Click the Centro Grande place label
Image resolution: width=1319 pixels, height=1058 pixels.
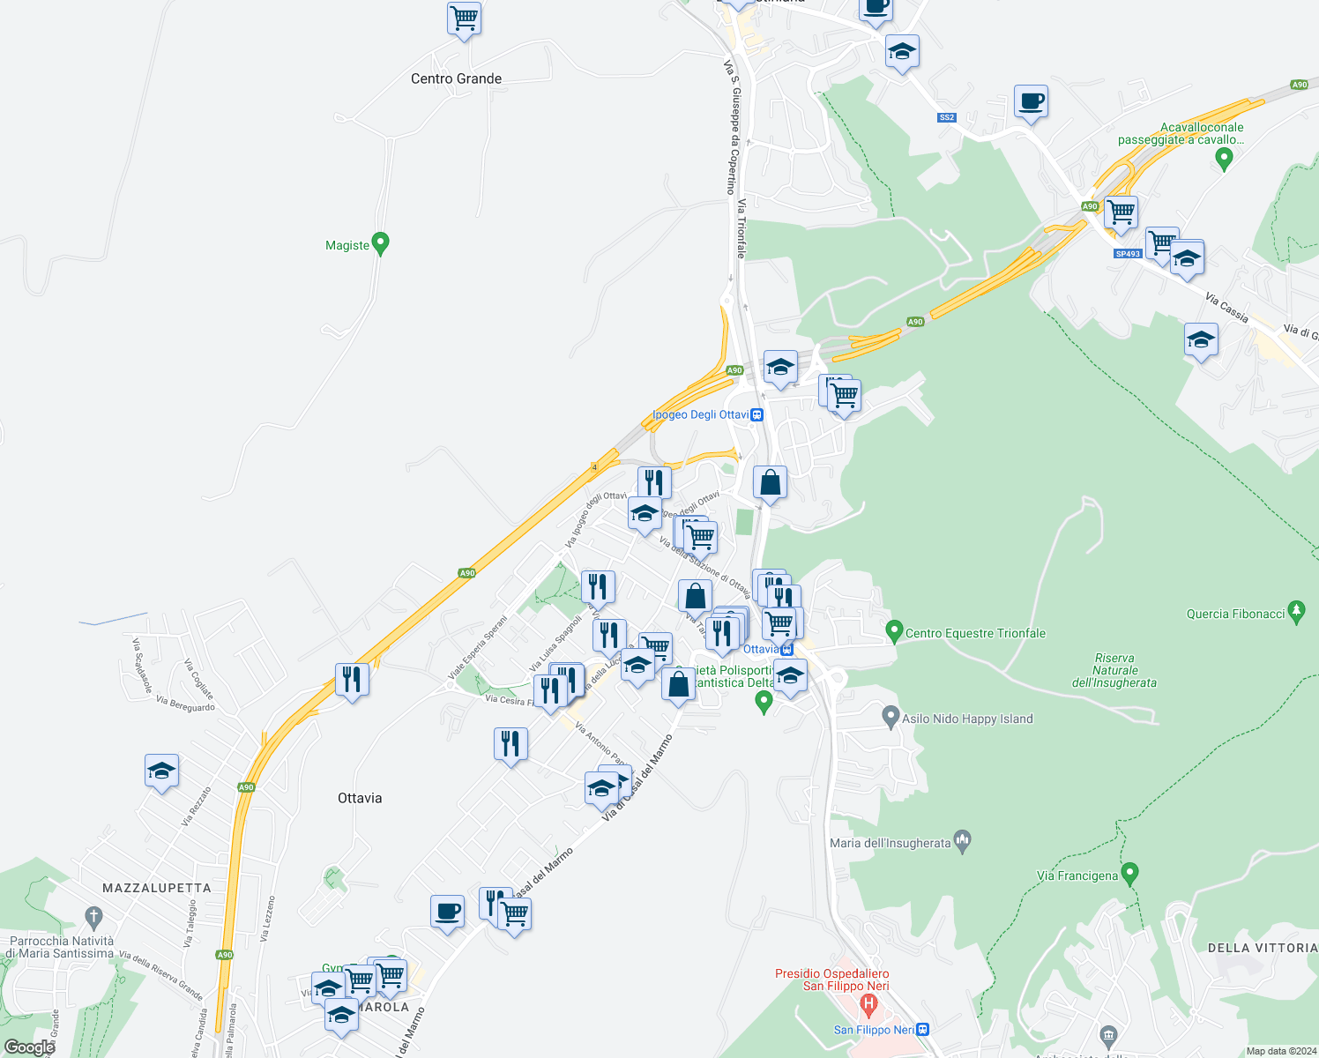click(456, 78)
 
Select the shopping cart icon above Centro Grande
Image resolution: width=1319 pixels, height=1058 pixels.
click(464, 19)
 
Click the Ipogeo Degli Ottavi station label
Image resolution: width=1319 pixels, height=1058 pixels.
click(701, 414)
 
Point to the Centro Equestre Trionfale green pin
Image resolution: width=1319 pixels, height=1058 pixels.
click(894, 631)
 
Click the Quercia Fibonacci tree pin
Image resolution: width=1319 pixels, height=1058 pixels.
click(1296, 611)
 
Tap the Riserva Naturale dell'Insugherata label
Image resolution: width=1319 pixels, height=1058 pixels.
click(1114, 670)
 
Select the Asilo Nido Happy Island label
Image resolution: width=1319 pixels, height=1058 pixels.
click(967, 719)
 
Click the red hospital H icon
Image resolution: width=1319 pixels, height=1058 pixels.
click(868, 1003)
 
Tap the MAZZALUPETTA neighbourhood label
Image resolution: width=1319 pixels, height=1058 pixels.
click(157, 888)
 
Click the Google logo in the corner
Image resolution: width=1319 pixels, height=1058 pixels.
click(29, 1047)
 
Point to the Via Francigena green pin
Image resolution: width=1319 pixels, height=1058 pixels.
click(1131, 874)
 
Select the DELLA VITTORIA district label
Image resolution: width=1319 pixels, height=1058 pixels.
click(1262, 948)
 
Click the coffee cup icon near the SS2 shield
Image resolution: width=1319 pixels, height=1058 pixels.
click(1031, 101)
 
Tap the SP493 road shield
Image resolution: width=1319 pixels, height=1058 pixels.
click(1128, 253)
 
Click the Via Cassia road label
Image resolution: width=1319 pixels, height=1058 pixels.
click(1226, 309)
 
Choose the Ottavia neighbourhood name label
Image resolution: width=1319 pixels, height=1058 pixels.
click(360, 798)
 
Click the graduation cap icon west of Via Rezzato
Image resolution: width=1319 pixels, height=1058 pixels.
click(162, 771)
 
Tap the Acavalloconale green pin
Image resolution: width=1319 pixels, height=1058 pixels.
click(1224, 159)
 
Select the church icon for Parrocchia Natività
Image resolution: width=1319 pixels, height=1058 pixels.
click(94, 916)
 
